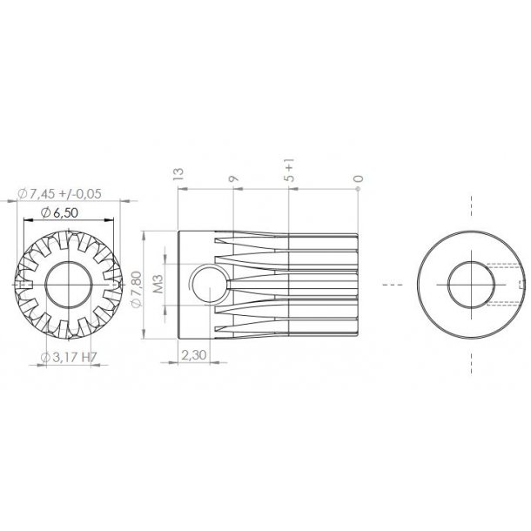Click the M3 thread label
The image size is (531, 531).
pyautogui.click(x=159, y=284)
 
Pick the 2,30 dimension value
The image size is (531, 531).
pyautogui.click(x=192, y=355)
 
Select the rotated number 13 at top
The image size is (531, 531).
pyautogui.click(x=178, y=175)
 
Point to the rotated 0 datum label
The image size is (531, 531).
pyautogui.click(x=358, y=180)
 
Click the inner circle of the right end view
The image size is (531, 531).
pyautogui.click(x=471, y=285)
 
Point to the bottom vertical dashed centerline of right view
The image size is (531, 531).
pyautogui.click(x=471, y=361)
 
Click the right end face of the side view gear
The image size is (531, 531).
pyautogui.click(x=357, y=284)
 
